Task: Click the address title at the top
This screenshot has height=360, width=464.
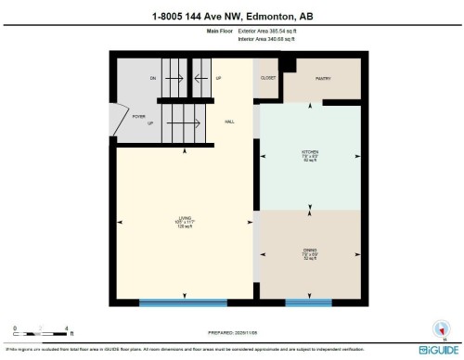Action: click(x=232, y=16)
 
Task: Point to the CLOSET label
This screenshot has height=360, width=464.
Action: click(x=269, y=78)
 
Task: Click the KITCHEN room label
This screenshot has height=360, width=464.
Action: click(x=309, y=155)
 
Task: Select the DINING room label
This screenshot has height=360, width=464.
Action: click(x=309, y=251)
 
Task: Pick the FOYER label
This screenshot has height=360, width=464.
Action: click(x=138, y=117)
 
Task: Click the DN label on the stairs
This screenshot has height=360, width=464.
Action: click(x=153, y=79)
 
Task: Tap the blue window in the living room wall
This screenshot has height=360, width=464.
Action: click(x=183, y=302)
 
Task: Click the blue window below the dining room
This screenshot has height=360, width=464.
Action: click(x=308, y=302)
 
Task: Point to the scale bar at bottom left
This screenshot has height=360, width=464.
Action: click(x=42, y=327)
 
